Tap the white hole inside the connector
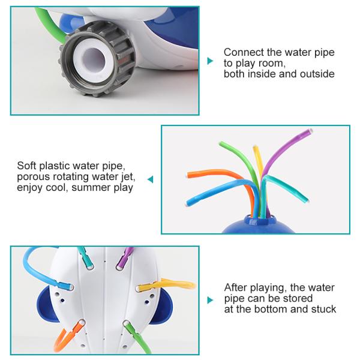pos(94,59)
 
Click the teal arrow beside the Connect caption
pos(210,61)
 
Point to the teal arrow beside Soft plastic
pos(151,179)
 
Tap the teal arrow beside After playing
pos(210,300)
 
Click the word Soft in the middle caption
pos(27,166)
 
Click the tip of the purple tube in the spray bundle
pos(311,131)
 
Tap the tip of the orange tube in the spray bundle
pos(187,175)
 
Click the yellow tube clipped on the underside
pos(165,285)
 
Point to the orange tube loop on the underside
pos(67,337)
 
